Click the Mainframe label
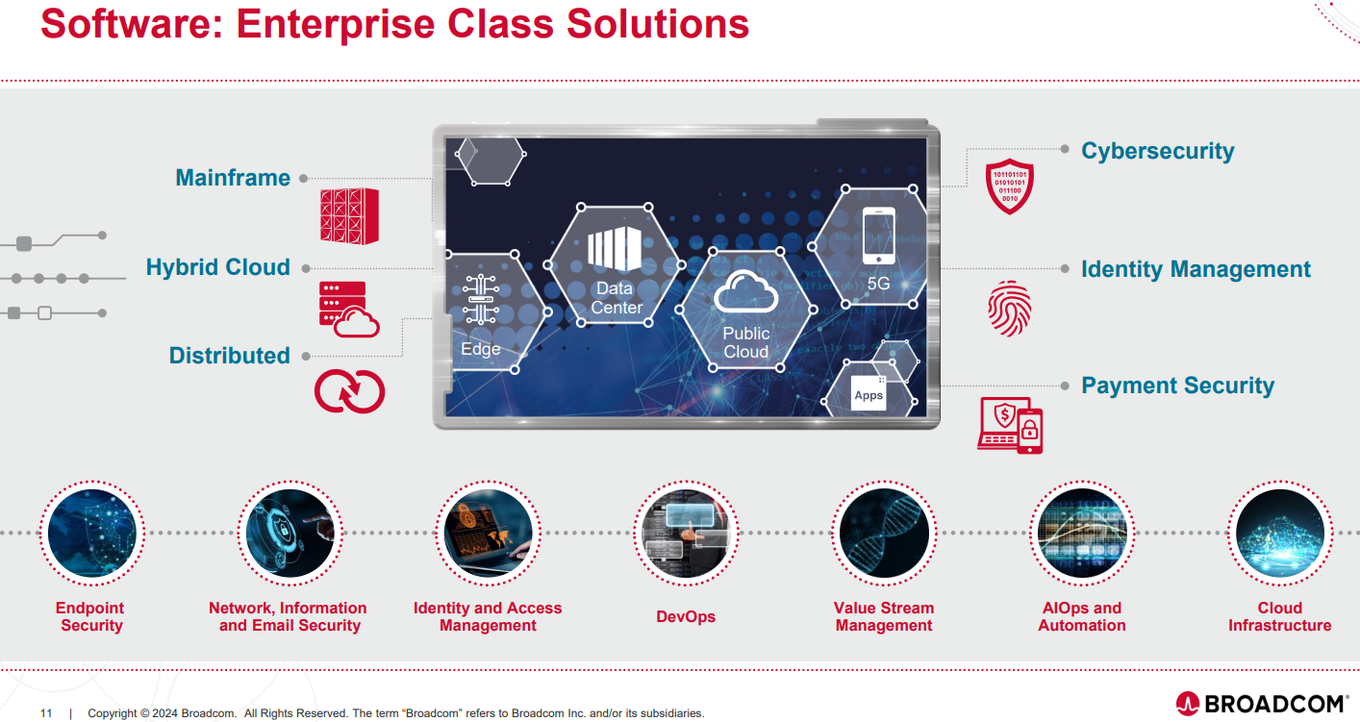point(233,178)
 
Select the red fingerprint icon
point(1010,308)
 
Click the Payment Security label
point(1177,386)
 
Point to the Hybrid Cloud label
point(218,267)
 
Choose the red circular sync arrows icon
point(349,391)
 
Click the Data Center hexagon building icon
point(614,251)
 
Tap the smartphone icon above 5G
point(878,236)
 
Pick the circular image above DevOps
point(685,534)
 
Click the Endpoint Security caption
point(91,616)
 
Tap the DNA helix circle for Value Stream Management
point(883,534)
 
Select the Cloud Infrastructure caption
point(1279,616)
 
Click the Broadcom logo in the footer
point(1261,704)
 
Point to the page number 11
point(46,713)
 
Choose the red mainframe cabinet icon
point(349,215)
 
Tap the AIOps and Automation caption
point(1081,616)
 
